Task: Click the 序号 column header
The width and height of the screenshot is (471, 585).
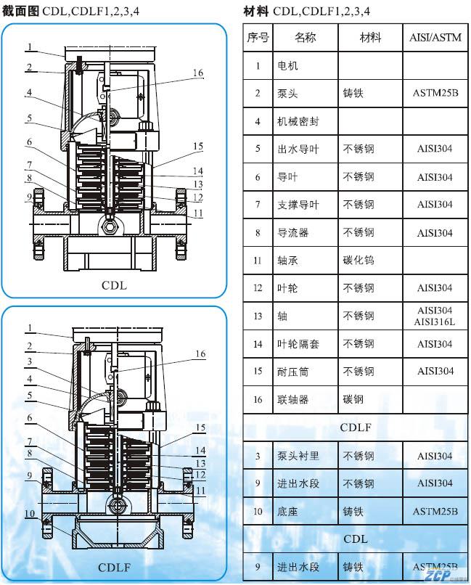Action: click(258, 38)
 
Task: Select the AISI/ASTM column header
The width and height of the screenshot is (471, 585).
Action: click(435, 38)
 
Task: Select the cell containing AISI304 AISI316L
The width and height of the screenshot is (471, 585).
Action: click(435, 316)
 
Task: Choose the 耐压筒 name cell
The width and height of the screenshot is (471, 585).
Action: click(293, 372)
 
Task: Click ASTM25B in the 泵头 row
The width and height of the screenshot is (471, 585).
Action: click(435, 94)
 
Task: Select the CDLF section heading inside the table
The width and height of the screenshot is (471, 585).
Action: click(356, 427)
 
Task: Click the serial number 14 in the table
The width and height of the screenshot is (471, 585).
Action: click(258, 344)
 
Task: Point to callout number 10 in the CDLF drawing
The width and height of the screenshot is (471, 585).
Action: click(30, 514)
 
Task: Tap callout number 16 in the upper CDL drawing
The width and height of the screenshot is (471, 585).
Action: click(198, 73)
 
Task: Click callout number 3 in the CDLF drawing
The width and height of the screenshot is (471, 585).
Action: click(30, 361)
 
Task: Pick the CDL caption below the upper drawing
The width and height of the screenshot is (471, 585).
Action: click(114, 285)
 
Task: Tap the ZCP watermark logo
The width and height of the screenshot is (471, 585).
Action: click(439, 576)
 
